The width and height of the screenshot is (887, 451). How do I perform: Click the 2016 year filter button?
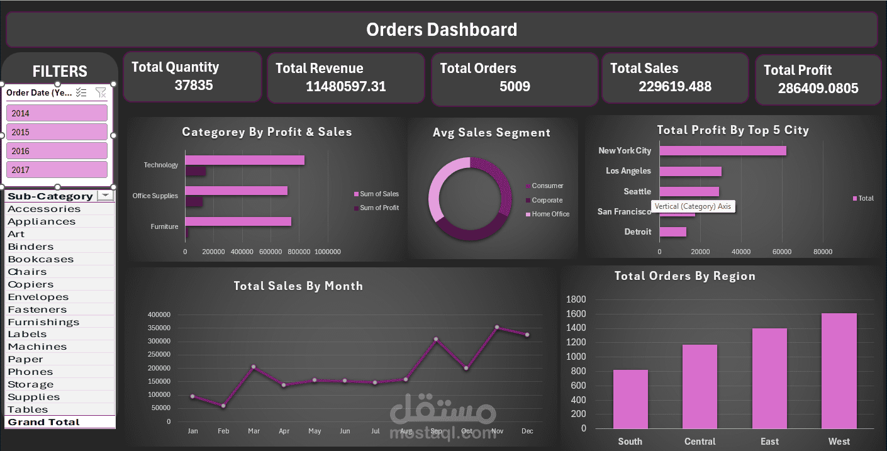(57, 151)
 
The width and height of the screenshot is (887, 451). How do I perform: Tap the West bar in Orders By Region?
(839, 370)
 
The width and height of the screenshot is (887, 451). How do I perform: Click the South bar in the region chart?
(630, 399)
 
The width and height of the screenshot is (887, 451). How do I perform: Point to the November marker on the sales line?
(497, 327)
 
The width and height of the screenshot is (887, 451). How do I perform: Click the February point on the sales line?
(223, 406)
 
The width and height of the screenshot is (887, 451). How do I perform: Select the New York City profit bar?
(723, 151)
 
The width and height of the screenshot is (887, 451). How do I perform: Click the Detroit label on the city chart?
(638, 232)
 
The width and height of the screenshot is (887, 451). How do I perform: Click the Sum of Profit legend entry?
(379, 208)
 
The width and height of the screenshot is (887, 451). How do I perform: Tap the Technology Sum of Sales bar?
(245, 160)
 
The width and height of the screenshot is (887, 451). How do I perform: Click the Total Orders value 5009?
(515, 86)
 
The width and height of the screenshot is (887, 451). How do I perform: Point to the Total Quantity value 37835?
(194, 86)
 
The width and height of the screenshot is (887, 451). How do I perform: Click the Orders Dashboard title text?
(442, 30)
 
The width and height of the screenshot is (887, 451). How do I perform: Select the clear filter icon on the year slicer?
(101, 93)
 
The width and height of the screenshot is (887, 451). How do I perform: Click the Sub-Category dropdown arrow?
(105, 196)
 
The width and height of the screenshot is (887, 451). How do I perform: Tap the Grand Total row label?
(43, 422)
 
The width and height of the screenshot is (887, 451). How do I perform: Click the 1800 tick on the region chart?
(576, 299)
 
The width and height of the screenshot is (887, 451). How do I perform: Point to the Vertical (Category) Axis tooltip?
(693, 206)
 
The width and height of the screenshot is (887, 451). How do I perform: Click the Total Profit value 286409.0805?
(818, 89)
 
